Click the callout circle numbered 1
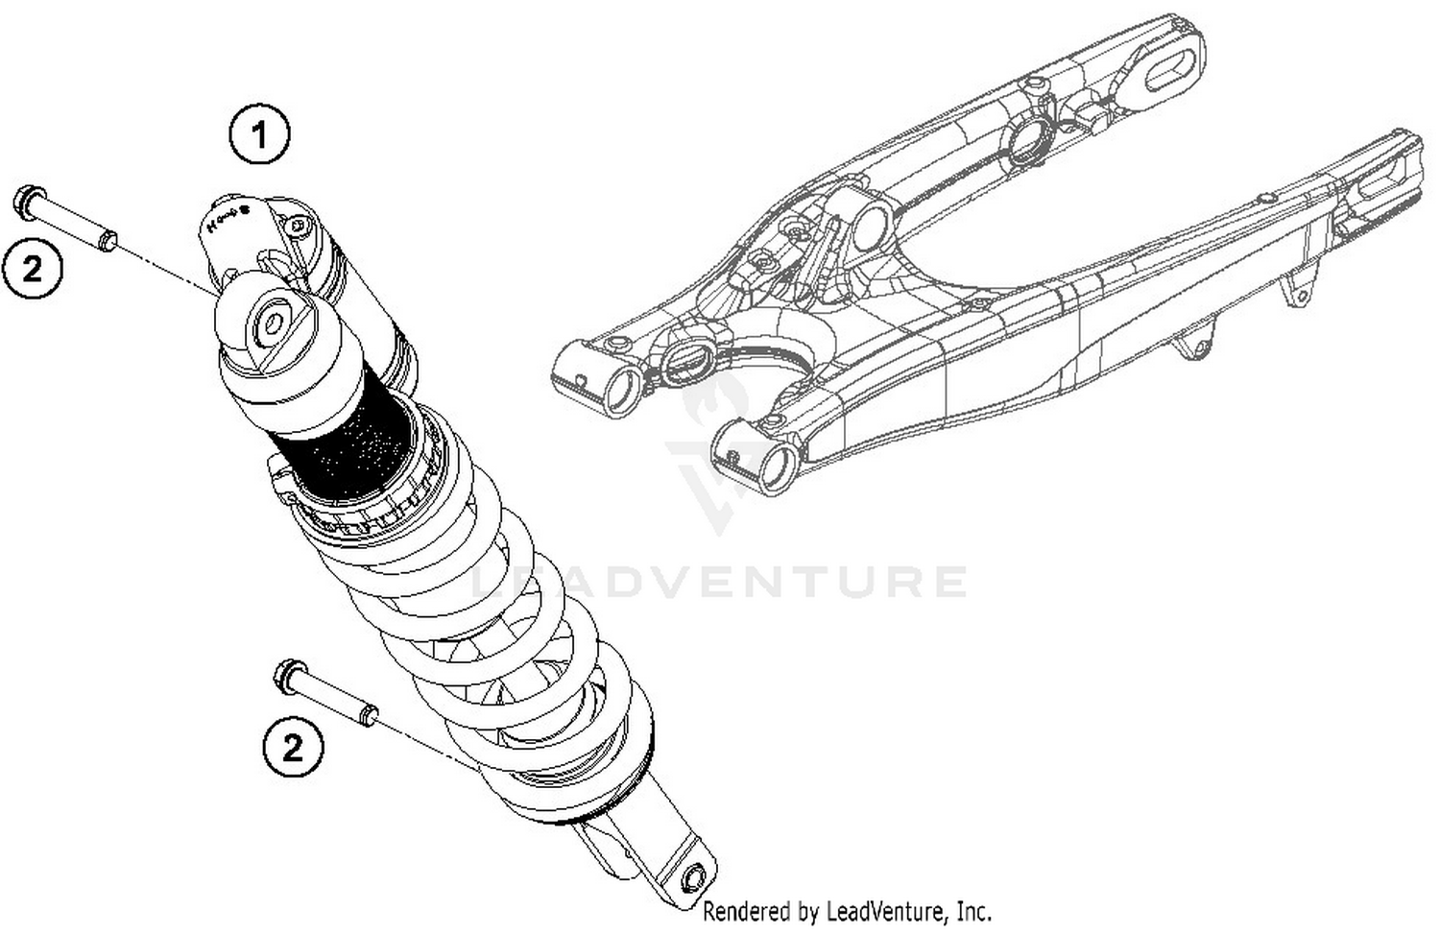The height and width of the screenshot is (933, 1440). (x=259, y=135)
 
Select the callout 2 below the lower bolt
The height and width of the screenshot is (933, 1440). (x=293, y=746)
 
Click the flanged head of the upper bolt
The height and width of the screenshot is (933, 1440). (x=26, y=201)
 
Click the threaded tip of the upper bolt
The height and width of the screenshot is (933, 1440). (x=108, y=240)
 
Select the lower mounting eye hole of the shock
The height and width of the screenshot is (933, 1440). (x=692, y=879)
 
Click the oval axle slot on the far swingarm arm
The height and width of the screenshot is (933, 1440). (x=1167, y=70)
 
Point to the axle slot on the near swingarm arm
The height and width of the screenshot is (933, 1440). (x=1385, y=182)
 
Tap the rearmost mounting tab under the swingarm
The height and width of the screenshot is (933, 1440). (x=1297, y=288)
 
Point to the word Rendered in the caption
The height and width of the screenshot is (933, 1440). (x=744, y=910)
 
